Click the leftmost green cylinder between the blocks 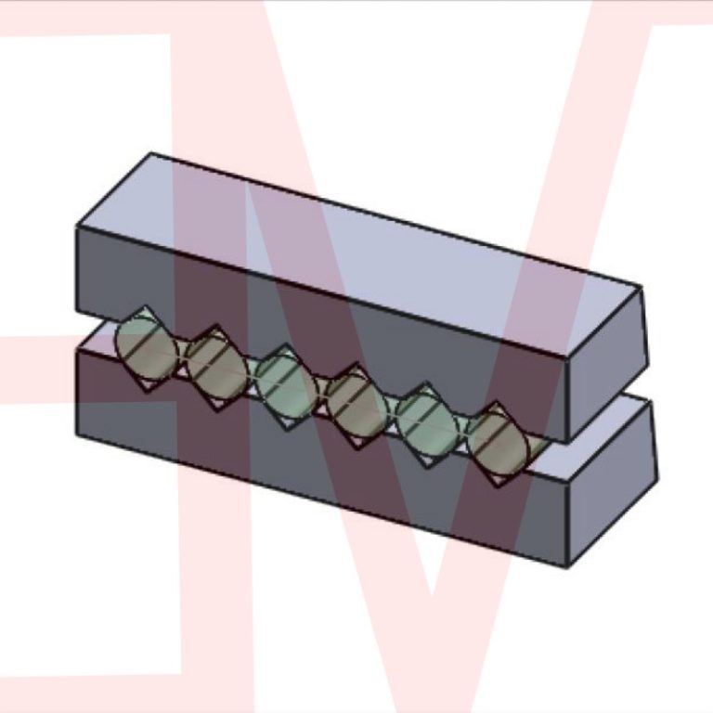145,350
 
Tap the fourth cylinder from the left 356,405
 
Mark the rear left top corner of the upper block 151,153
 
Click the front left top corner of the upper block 76,227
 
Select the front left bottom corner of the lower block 76,434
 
